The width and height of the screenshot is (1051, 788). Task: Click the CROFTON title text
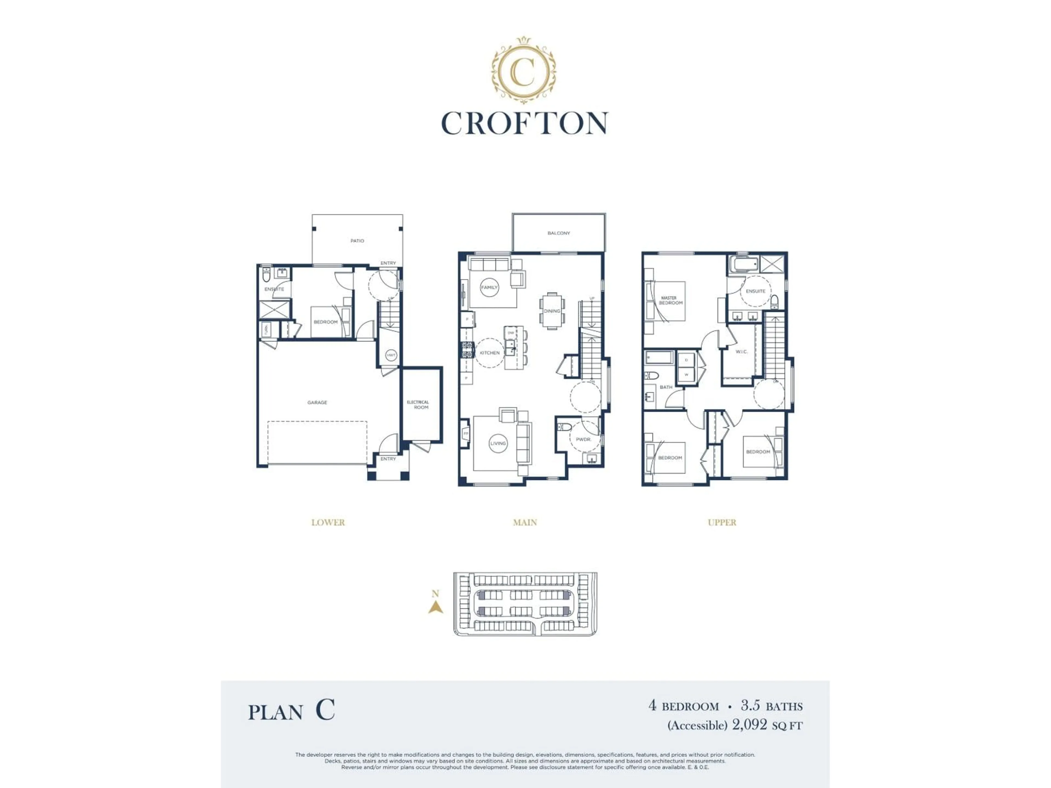(x=525, y=123)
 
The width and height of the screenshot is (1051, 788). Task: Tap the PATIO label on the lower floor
(x=357, y=241)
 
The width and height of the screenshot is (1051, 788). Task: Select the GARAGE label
(x=317, y=402)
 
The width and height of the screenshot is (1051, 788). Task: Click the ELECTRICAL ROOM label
(x=418, y=405)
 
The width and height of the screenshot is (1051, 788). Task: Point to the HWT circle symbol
(x=391, y=355)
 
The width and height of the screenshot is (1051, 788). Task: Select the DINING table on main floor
(x=552, y=311)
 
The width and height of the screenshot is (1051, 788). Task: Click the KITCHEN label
(x=489, y=353)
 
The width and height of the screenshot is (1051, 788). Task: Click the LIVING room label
(x=498, y=443)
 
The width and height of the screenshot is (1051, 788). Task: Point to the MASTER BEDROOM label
(x=670, y=300)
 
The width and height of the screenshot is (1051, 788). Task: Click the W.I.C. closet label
(x=741, y=352)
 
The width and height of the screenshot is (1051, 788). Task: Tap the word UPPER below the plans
(x=722, y=523)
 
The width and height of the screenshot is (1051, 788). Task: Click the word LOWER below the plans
(x=328, y=523)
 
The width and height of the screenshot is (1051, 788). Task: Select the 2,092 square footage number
(x=749, y=724)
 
